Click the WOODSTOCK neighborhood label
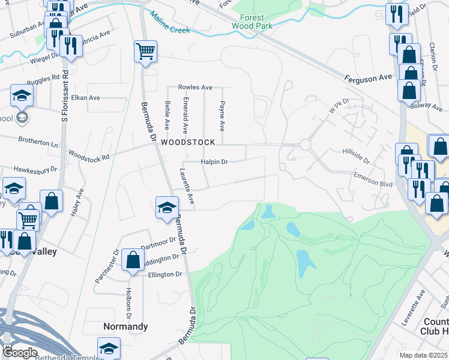[187, 142]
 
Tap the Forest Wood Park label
[252, 22]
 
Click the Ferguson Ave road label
[368, 78]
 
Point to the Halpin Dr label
[215, 162]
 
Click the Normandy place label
[125, 326]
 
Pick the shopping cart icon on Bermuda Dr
[145, 50]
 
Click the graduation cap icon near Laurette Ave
[167, 207]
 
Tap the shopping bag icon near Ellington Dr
[133, 260]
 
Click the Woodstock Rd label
[89, 155]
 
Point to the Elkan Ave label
[85, 98]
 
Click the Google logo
[20, 353]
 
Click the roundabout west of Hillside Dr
[305, 145]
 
